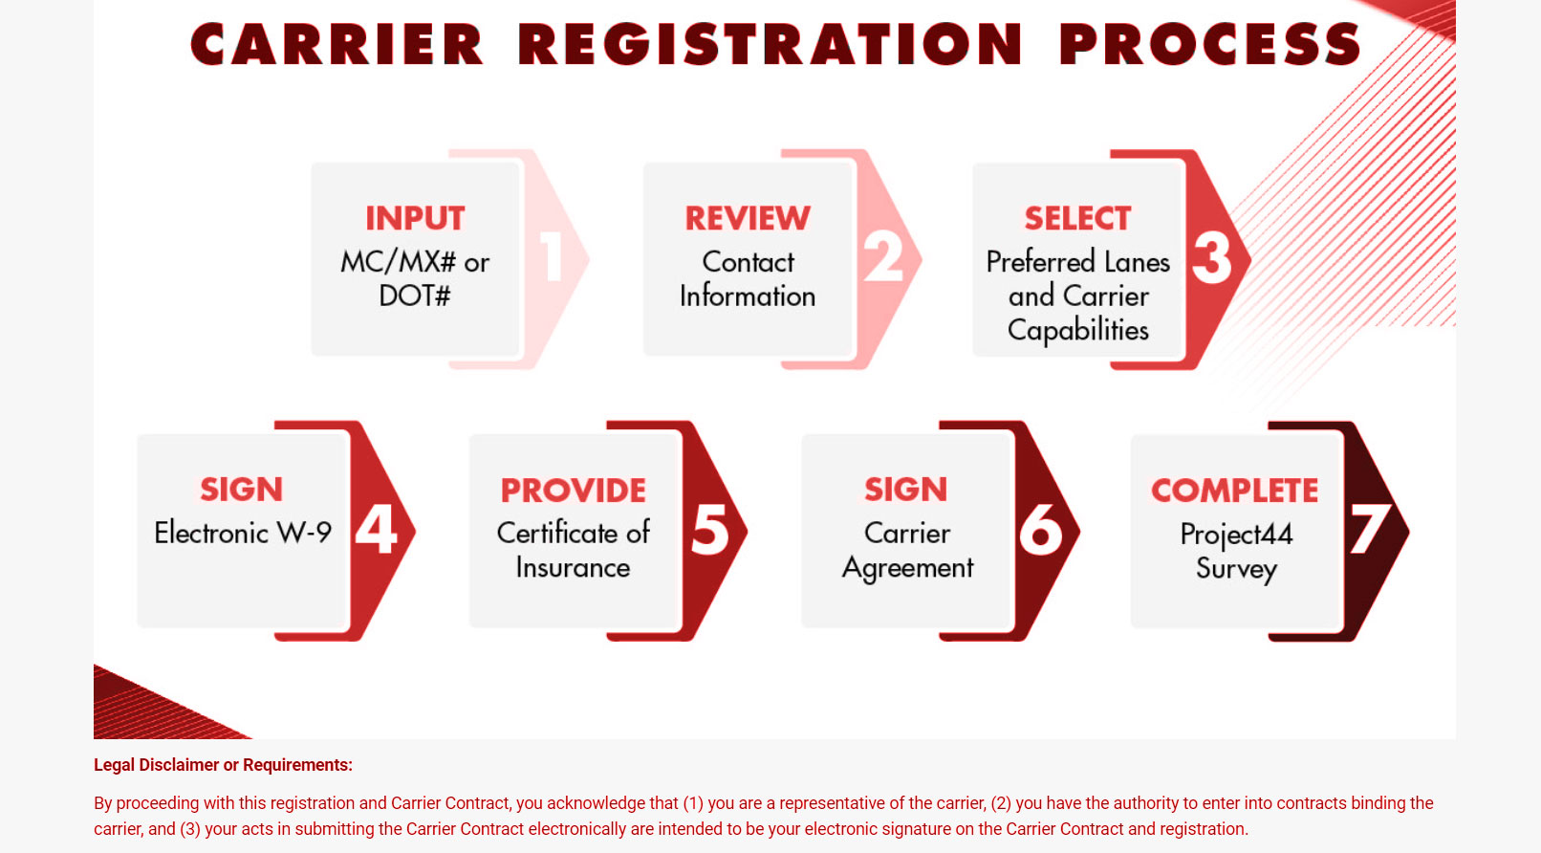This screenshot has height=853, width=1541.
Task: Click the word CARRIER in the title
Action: (337, 44)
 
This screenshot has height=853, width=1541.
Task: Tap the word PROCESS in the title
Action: (1210, 44)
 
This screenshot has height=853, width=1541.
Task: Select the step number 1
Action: (552, 256)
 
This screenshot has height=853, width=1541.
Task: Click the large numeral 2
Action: (882, 256)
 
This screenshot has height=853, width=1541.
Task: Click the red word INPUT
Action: (415, 218)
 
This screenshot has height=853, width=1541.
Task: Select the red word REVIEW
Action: (748, 218)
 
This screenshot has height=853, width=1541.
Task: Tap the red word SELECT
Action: (1077, 218)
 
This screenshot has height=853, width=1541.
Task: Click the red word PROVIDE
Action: (573, 490)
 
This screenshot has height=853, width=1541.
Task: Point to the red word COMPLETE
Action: (1235, 490)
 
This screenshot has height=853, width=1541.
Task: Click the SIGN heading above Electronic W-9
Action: (242, 490)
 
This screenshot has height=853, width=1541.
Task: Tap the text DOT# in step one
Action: (415, 295)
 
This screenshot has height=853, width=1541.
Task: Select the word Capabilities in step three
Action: (1078, 330)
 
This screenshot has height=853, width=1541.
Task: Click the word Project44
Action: (1236, 535)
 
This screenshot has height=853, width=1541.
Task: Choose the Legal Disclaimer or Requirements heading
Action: (223, 765)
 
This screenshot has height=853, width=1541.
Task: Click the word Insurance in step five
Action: (573, 567)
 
